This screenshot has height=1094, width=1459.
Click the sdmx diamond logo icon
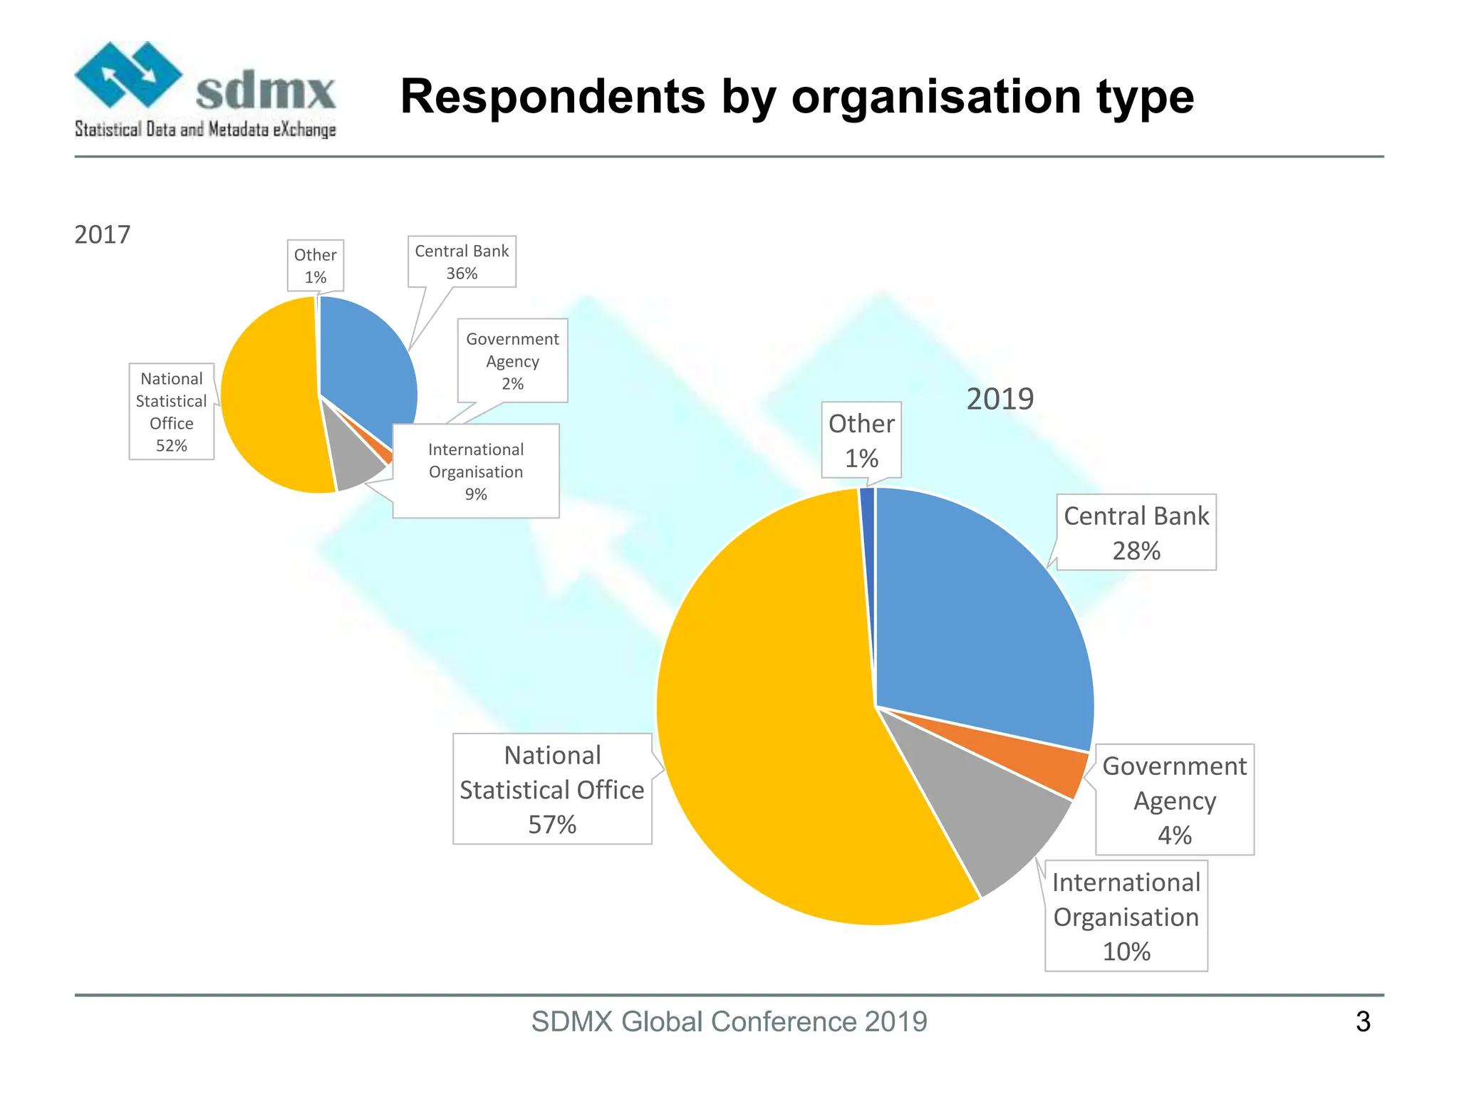[x=128, y=75]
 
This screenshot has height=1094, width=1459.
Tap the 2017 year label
[x=103, y=234]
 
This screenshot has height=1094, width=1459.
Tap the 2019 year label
[x=1000, y=399]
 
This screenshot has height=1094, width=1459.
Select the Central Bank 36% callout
[x=462, y=262]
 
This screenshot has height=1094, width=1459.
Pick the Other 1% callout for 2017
[x=316, y=266]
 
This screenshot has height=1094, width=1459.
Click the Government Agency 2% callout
[x=512, y=361]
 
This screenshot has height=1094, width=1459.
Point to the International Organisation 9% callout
[x=476, y=472]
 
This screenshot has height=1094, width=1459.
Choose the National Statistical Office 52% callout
[x=172, y=412]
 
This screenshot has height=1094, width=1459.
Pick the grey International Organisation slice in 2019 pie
[x=990, y=812]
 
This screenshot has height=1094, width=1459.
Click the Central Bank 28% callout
[x=1136, y=533]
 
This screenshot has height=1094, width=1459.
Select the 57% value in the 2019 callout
[x=552, y=825]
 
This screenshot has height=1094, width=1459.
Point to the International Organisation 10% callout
[x=1126, y=917]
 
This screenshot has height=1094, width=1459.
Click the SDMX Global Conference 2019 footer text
[x=729, y=1021]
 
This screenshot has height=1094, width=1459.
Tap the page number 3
[x=1363, y=1022]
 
